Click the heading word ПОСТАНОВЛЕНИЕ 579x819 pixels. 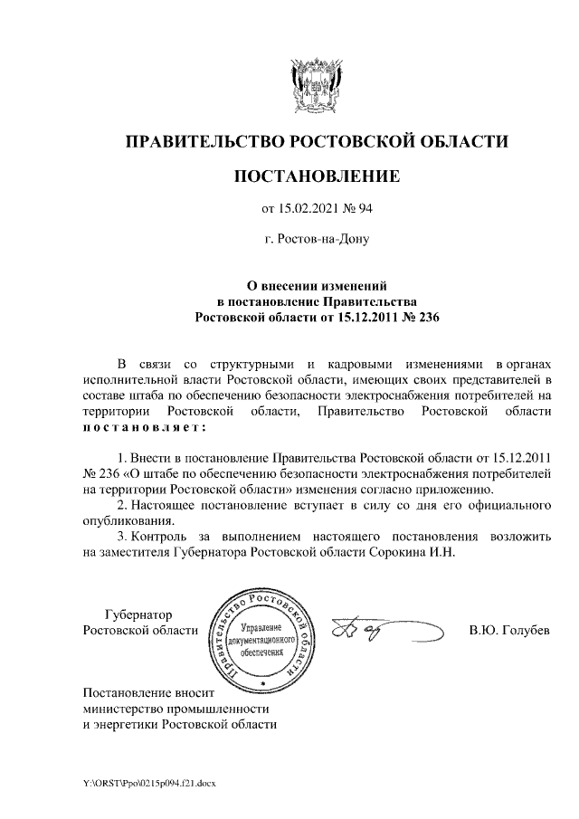[316, 176]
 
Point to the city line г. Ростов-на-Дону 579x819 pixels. [317, 241]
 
